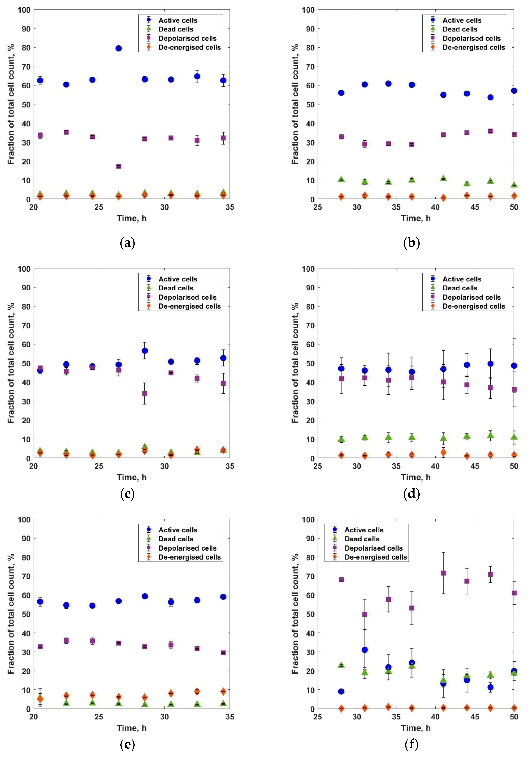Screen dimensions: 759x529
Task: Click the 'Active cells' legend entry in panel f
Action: tap(364, 530)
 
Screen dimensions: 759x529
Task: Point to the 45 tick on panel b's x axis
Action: tap(474, 207)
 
